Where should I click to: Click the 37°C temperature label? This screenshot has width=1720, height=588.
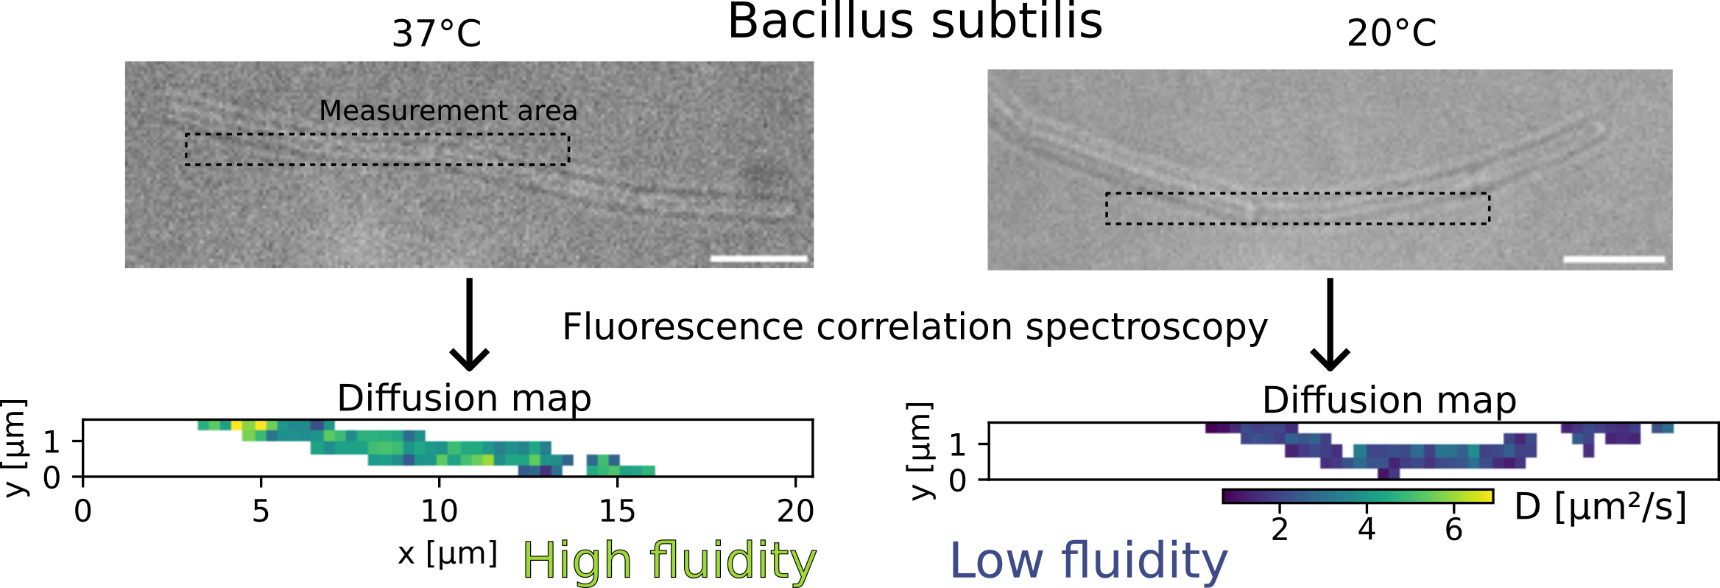click(437, 34)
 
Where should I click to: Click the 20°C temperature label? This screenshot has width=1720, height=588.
click(1392, 33)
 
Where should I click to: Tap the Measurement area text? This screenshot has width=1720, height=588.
click(448, 111)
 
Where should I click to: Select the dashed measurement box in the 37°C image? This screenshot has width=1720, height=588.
click(377, 149)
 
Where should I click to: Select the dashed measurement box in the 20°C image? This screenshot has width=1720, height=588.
click(1297, 208)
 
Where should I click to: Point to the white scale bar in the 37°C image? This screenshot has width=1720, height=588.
click(759, 259)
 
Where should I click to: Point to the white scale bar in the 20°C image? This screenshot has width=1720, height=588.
click(1614, 259)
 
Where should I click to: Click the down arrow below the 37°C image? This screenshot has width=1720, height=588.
click(469, 324)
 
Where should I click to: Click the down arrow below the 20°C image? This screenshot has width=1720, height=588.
click(1330, 324)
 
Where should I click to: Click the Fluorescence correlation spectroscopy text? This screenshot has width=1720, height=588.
click(915, 327)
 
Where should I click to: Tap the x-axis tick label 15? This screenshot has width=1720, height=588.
click(617, 511)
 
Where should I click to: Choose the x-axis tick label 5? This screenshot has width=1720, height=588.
click(261, 511)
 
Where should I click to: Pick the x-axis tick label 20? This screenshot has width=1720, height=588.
click(795, 511)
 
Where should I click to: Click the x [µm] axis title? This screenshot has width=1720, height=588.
click(448, 553)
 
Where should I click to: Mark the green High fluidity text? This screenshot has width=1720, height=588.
click(669, 561)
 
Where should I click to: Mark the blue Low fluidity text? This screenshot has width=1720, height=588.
click(1089, 561)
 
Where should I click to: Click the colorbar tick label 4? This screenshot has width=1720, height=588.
click(1367, 529)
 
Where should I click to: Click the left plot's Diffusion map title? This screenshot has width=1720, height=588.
click(465, 399)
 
